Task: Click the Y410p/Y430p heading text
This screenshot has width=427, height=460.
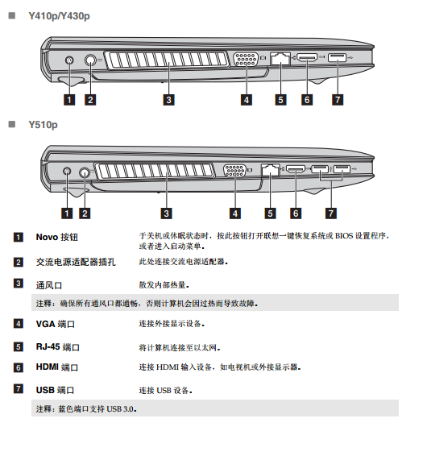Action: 59,16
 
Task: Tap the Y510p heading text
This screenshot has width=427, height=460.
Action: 43,125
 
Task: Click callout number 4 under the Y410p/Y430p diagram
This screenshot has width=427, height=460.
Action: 247,100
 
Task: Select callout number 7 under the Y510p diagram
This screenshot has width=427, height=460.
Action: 331,213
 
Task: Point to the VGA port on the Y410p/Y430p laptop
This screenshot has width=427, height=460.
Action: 247,59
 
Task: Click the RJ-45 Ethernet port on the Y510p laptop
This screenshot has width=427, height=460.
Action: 270,170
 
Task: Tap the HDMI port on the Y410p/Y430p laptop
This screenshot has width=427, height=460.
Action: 307,57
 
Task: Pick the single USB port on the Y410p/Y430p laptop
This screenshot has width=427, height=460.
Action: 337,57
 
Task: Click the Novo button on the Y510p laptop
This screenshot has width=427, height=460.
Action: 67,172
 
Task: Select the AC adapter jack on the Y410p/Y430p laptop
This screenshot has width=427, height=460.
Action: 90,60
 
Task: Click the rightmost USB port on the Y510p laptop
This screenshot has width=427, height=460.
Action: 342,168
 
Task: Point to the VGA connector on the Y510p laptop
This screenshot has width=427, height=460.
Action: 234,171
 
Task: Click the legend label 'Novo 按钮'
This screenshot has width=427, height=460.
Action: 57,237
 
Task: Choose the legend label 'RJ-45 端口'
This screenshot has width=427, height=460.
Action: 57,347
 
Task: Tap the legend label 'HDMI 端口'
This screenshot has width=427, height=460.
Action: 57,367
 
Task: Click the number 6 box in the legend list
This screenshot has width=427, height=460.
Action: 19,367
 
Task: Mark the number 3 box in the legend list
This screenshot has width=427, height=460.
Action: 19,284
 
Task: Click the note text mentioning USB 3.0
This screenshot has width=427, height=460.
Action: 86,408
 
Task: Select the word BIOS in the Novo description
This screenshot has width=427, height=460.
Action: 344,235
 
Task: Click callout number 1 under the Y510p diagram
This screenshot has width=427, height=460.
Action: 67,213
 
